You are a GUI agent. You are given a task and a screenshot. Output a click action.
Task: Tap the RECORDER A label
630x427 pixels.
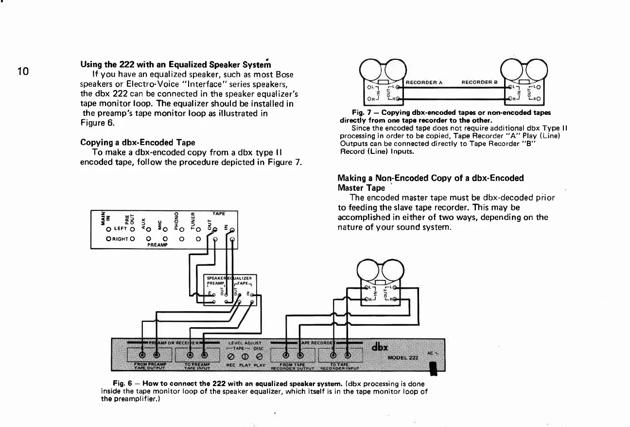(423, 82)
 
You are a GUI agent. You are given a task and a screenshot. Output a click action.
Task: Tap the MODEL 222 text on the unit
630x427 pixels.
(403, 358)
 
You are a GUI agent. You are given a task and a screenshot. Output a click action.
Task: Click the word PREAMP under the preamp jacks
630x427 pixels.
(157, 245)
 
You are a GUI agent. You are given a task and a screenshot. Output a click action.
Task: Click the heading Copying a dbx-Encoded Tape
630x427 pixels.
(138, 142)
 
